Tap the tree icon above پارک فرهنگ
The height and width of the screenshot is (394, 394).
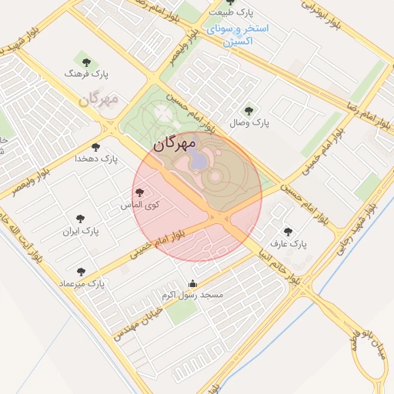click(85, 60)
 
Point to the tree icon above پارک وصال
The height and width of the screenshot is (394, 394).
click(248, 110)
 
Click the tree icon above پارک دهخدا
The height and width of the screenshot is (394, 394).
click(96, 145)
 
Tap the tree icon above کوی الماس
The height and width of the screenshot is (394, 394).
click(139, 193)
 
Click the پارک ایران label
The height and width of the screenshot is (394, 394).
click(82, 231)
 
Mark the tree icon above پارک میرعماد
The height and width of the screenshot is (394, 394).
click(82, 271)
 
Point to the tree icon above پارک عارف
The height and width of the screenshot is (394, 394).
click(289, 231)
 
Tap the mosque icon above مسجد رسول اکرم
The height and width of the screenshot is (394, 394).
click(192, 283)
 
